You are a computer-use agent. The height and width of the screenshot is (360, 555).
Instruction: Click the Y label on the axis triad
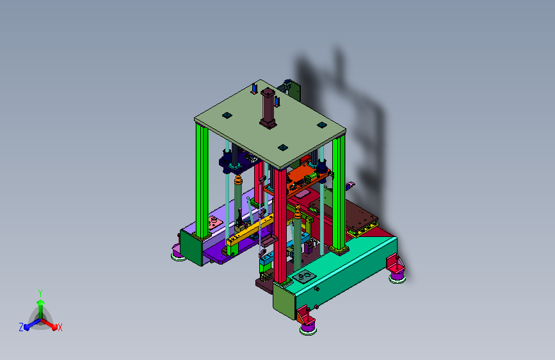pos(40,293)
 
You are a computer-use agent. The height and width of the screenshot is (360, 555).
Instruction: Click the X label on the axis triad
pos(60,327)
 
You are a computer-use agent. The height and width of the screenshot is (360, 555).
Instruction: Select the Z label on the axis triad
pos(21,327)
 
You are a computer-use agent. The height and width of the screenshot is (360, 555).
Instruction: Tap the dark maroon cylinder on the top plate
pos(268,108)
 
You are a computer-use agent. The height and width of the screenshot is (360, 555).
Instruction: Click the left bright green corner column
pos(202,181)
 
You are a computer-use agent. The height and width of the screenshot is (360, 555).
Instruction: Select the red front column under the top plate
pos(280,225)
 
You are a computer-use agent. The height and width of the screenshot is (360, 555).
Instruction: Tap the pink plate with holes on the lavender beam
pos(214,223)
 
